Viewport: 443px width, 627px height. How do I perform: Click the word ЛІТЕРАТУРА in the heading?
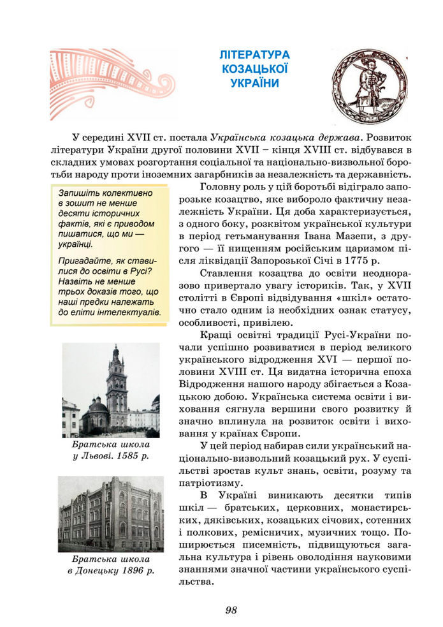point(254,55)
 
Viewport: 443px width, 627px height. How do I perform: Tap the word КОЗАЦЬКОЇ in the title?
point(254,69)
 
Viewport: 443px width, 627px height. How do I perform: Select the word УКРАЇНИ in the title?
point(254,83)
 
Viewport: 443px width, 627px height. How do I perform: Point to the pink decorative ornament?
point(108,83)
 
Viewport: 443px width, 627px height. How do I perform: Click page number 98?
point(231,610)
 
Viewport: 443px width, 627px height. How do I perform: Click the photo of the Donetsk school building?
point(111,513)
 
